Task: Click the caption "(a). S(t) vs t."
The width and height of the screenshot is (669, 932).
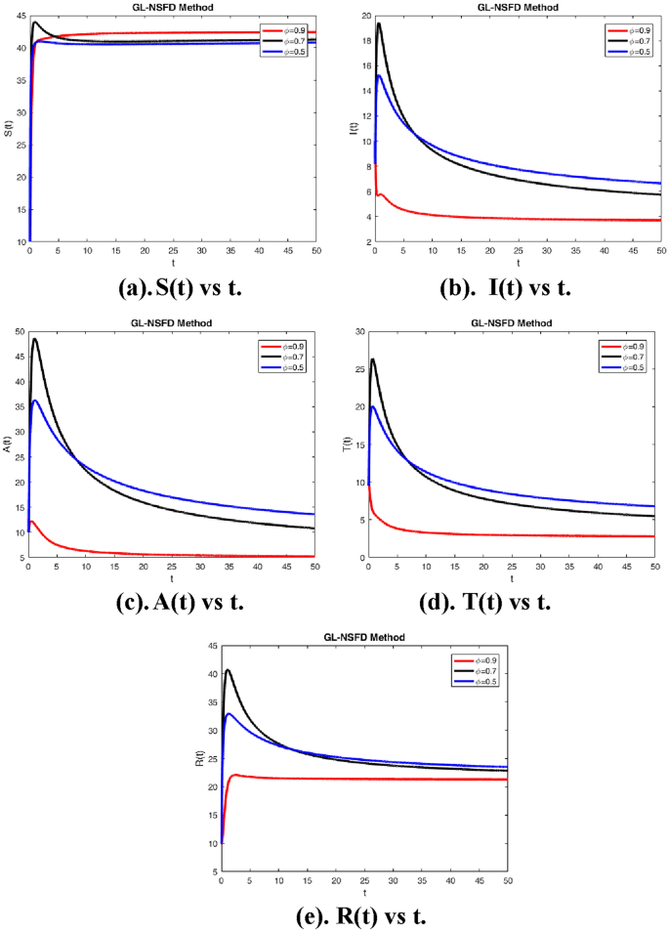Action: (170, 287)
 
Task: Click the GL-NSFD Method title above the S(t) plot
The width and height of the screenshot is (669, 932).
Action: (172, 7)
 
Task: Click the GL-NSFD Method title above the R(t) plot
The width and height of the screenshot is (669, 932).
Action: (364, 637)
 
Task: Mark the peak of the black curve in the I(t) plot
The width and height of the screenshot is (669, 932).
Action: (379, 23)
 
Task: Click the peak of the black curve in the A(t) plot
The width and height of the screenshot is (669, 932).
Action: (35, 339)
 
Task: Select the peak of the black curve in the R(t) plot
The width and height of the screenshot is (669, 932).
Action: (228, 670)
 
